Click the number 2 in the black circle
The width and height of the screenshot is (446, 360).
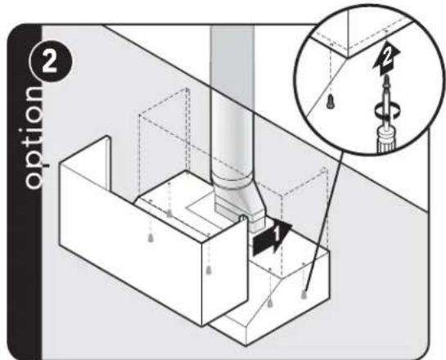tap(50, 62)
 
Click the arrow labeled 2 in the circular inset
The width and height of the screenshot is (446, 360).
tap(386, 58)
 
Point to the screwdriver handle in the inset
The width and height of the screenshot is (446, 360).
tap(386, 141)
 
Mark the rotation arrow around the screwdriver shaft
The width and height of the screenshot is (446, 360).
tap(387, 110)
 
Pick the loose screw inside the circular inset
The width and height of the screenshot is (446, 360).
tap(331, 101)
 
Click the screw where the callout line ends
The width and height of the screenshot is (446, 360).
tap(304, 295)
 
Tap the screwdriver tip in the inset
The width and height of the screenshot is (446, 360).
tap(386, 79)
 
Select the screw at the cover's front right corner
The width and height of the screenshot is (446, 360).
tap(209, 270)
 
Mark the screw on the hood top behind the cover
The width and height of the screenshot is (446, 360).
tap(169, 213)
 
